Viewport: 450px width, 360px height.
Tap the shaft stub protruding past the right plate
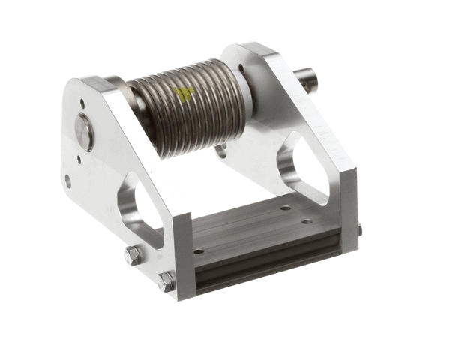coord(305,79)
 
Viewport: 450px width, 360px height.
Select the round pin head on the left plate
coord(84,133)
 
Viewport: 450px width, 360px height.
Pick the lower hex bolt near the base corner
coord(166,282)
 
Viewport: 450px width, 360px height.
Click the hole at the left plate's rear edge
coord(68,181)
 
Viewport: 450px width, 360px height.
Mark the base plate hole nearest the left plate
coord(197,251)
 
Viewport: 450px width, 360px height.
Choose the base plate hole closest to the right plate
coord(307,221)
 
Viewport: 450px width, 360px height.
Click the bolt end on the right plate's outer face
coord(358,230)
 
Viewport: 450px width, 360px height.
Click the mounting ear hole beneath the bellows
coord(221,152)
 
